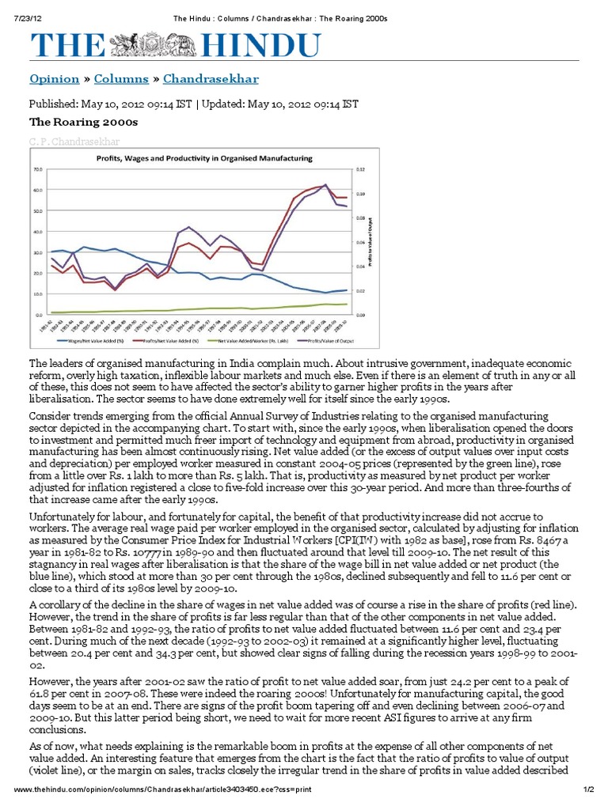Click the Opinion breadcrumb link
click(54, 80)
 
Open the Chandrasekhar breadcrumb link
click(211, 80)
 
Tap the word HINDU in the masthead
click(237, 44)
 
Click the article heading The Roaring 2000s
click(83, 123)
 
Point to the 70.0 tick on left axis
click(37, 169)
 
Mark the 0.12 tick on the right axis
click(359, 169)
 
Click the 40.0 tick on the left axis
click(37, 232)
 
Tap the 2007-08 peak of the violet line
click(325, 184)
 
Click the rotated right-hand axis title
click(372, 241)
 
